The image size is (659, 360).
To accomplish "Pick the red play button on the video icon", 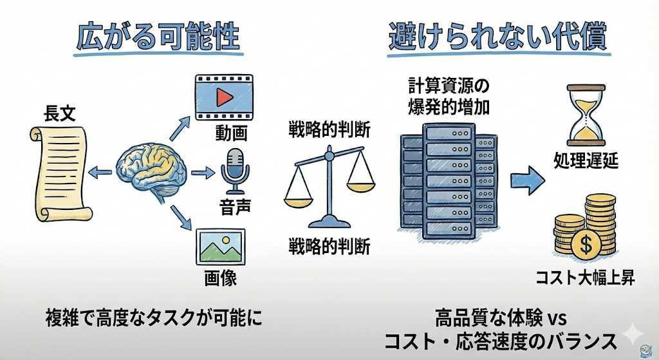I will [223, 97].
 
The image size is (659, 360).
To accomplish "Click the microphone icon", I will [234, 169].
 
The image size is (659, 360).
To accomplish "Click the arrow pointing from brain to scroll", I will [100, 171].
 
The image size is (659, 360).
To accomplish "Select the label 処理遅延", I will [586, 160].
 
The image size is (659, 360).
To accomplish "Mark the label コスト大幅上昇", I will [585, 278].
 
